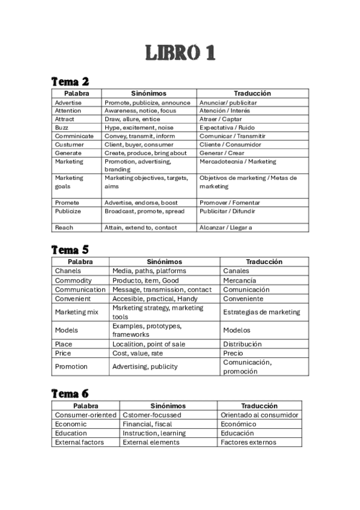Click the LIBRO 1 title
pyautogui.click(x=180, y=53)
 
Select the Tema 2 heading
pyautogui.click(x=70, y=81)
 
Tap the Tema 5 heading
pyautogui.click(x=70, y=249)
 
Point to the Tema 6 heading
pyautogui.click(x=70, y=393)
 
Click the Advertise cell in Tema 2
pyautogui.click(x=68, y=102)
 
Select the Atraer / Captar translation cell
pyautogui.click(x=221, y=119)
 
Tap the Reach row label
pyautogui.click(x=64, y=227)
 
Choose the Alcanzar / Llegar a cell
pyautogui.click(x=226, y=227)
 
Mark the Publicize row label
pyautogui.click(x=68, y=211)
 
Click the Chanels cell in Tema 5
pyautogui.click(x=67, y=271)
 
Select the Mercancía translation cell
pyautogui.click(x=239, y=280)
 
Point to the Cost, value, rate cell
pyautogui.click(x=138, y=353)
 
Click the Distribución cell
pyautogui.click(x=242, y=344)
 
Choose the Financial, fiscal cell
pyautogui.click(x=147, y=424)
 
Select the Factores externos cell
pyautogui.click(x=248, y=442)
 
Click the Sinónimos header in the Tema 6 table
pyautogui.click(x=168, y=406)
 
